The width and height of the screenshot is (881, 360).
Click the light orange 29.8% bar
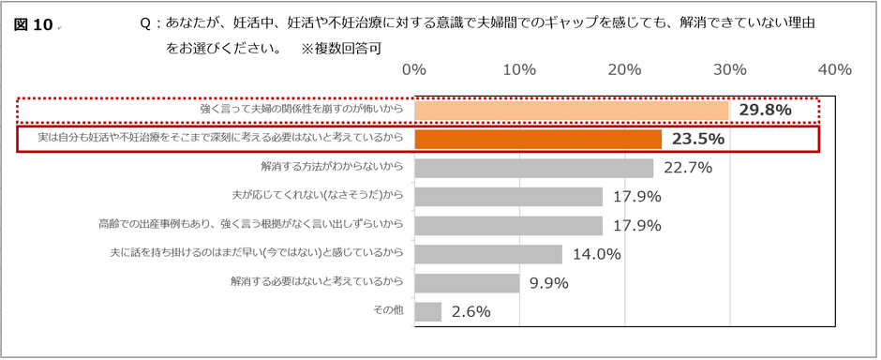(571, 111)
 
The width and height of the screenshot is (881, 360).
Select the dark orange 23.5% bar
(538, 140)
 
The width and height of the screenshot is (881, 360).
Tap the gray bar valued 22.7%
(533, 168)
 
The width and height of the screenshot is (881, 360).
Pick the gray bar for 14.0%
(487, 254)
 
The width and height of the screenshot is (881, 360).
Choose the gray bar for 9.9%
(466, 283)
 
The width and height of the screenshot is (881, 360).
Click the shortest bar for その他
(427, 311)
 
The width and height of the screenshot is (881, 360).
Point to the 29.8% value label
(765, 111)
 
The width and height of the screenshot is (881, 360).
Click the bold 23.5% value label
(698, 140)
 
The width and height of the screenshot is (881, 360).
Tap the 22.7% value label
(688, 168)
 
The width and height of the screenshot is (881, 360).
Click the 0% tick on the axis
(414, 70)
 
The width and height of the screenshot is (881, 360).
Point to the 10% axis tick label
(519, 70)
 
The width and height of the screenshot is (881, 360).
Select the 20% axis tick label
(624, 70)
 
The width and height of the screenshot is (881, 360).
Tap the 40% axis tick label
(834, 70)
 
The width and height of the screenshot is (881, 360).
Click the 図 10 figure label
(34, 25)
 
